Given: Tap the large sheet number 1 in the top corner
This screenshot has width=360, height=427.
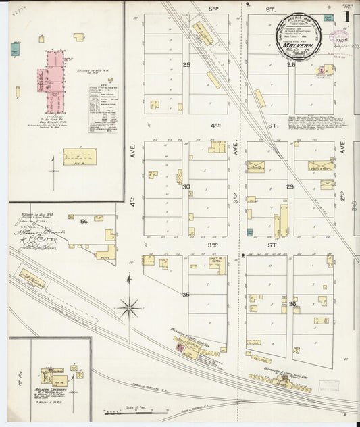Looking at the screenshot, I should (346, 16).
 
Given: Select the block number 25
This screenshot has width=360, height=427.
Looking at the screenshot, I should (186, 65).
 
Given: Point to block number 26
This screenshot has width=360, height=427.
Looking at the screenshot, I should (291, 65).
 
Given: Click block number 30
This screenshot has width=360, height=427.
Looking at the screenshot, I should (186, 186).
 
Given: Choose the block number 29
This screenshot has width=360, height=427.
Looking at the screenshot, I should (290, 186).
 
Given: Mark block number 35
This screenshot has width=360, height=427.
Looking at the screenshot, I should (186, 295).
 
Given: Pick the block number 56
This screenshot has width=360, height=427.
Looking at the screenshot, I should (84, 221).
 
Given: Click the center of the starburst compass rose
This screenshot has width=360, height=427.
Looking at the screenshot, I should (128, 308).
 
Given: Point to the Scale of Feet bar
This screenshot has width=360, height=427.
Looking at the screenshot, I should (135, 411).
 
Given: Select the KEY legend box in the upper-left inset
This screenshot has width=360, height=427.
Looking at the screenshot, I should (103, 108).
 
